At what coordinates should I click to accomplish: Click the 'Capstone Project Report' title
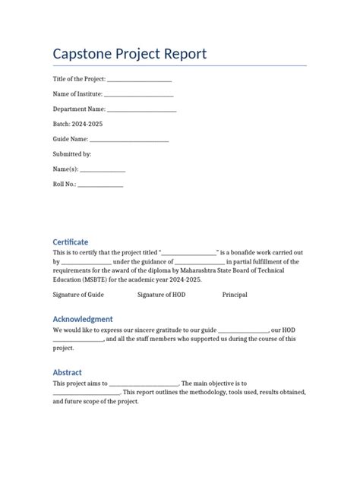pyautogui.click(x=129, y=55)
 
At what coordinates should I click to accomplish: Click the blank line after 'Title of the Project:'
pyautogui.click(x=139, y=80)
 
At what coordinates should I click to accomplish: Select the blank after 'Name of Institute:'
pyautogui.click(x=138, y=94)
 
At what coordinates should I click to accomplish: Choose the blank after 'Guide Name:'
pyautogui.click(x=129, y=140)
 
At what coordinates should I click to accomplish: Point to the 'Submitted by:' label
pyautogui.click(x=71, y=154)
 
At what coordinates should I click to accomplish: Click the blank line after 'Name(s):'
pyautogui.click(x=102, y=169)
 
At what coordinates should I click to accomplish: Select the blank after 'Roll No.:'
pyautogui.click(x=100, y=185)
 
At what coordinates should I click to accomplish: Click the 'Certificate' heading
pyautogui.click(x=70, y=242)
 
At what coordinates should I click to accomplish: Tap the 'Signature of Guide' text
pyautogui.click(x=78, y=294)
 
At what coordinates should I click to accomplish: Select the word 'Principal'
pyautogui.click(x=235, y=294)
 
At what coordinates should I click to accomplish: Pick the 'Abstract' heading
pyautogui.click(x=67, y=372)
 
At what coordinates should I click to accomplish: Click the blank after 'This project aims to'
pyautogui.click(x=144, y=384)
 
